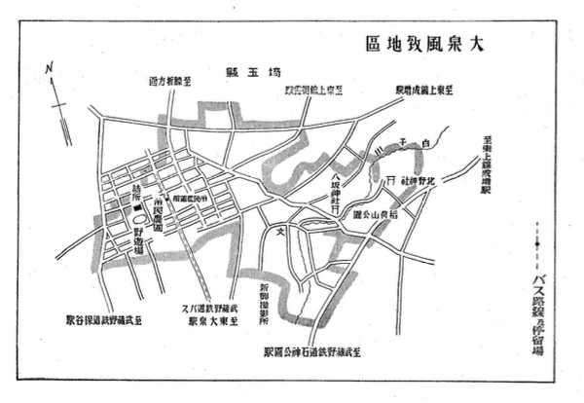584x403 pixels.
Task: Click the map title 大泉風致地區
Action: [x=422, y=44]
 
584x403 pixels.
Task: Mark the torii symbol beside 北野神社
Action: [x=391, y=181]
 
